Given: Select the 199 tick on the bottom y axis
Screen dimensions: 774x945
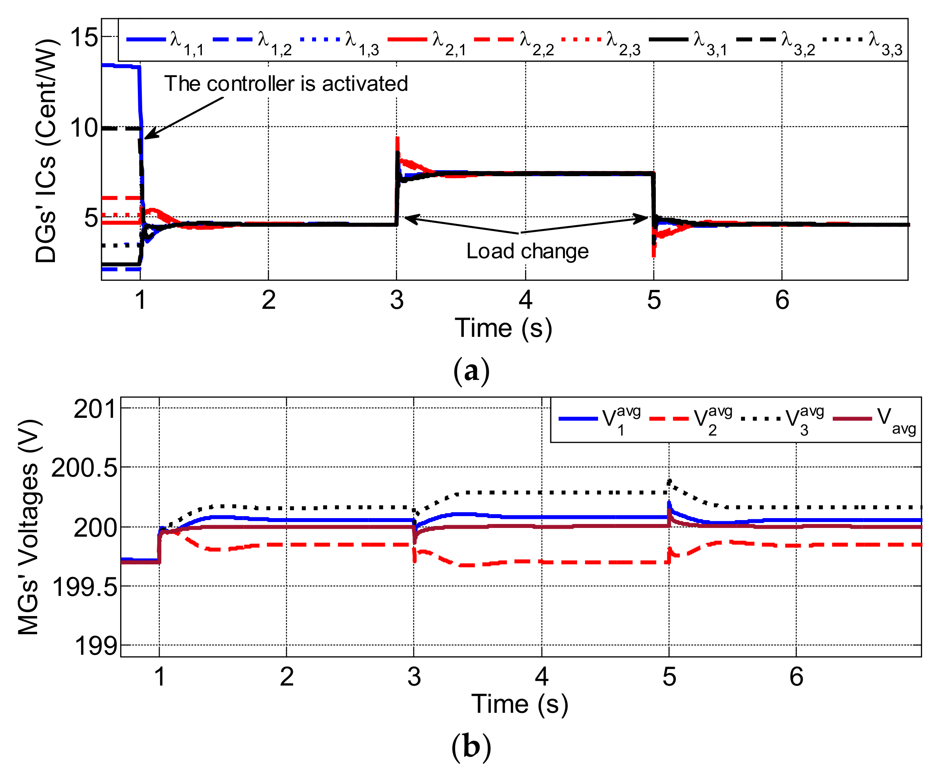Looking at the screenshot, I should tap(96, 645).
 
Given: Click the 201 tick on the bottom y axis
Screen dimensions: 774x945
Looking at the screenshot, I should tap(96, 408).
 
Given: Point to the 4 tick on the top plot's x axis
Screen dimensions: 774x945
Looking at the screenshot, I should tap(525, 300).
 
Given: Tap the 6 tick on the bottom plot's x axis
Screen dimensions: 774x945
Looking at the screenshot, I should tap(796, 676).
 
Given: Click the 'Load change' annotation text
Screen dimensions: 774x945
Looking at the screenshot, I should tap(527, 252).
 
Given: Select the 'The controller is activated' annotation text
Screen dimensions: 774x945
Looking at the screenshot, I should tap(286, 84).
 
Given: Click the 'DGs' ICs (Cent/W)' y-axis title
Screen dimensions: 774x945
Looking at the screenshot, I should tap(46, 151).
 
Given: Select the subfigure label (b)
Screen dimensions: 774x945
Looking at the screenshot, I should tap(471, 746).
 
